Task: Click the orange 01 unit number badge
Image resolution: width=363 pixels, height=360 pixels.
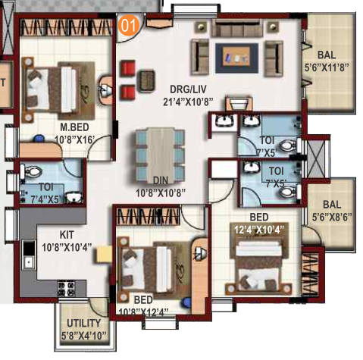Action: tap(129, 25)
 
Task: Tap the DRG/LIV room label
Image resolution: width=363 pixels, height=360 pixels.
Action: tap(188, 89)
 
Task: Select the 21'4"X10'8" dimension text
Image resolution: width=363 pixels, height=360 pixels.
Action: tap(188, 102)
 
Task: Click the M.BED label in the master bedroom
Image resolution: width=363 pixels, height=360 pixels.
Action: tap(74, 127)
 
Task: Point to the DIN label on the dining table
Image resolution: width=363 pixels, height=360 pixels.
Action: tap(161, 180)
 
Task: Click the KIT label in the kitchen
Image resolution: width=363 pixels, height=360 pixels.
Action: tap(67, 235)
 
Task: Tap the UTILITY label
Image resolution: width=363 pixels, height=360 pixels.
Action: tap(84, 324)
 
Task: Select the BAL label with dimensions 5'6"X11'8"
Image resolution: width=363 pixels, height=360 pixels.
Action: tap(327, 55)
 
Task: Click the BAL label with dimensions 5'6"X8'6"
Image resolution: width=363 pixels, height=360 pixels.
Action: tap(332, 205)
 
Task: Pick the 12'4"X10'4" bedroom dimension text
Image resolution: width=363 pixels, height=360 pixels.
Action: tap(259, 230)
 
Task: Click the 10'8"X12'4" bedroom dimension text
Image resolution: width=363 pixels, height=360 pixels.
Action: tap(143, 313)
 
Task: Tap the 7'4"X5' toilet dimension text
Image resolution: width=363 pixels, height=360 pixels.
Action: tap(46, 199)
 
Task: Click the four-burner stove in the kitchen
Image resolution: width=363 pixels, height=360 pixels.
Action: tap(67, 288)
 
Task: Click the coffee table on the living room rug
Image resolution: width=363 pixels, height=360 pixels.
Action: tap(236, 58)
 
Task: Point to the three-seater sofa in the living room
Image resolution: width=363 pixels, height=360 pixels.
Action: tap(236, 28)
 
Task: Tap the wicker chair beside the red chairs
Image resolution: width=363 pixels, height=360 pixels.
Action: tap(146, 81)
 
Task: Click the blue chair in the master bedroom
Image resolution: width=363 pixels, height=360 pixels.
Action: tap(39, 139)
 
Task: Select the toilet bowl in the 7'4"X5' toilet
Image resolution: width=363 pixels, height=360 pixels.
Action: tap(32, 171)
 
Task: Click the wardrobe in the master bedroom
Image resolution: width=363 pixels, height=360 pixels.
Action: tap(66, 27)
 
